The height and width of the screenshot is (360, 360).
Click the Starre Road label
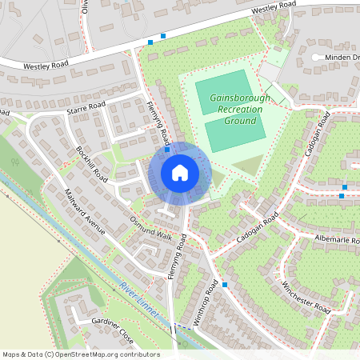pyautogui.click(x=86, y=106)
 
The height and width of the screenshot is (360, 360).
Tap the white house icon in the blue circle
pyautogui.click(x=180, y=173)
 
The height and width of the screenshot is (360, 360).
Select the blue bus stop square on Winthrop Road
pyautogui.click(x=226, y=284)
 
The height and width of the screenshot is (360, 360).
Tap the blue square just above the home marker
pyautogui.click(x=166, y=150)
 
